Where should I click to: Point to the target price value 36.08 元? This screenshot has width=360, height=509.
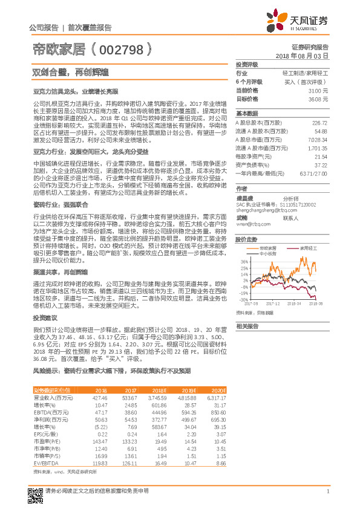pos(318,98)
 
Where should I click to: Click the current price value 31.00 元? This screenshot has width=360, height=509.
pos(318,89)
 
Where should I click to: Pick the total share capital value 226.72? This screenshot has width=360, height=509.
pos(318,122)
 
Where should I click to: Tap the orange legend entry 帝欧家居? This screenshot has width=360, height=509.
pos(267,248)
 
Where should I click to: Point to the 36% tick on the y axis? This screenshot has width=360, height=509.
pos(243,261)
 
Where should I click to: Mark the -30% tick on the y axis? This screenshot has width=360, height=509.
pos(243,299)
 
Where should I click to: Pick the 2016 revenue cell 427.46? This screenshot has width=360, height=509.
pos(99,398)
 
